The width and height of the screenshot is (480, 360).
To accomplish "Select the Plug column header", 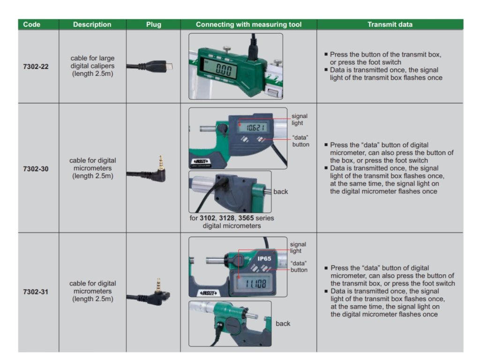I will [153, 24].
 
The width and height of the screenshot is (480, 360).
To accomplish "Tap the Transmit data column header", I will [390, 24].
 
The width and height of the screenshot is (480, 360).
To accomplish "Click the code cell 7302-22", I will [36, 67].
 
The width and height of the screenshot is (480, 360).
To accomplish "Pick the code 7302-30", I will [36, 168].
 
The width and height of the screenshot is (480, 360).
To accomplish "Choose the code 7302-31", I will [36, 292].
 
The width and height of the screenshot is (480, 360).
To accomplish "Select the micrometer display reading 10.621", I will [252, 126].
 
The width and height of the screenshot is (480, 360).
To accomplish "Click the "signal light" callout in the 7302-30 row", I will [299, 120].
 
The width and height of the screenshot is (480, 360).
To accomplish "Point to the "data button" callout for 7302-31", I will [299, 266].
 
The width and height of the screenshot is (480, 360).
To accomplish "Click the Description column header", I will [92, 24].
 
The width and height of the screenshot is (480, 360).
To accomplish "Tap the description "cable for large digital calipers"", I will [92, 66].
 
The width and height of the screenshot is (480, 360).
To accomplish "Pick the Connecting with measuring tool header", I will [248, 24].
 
